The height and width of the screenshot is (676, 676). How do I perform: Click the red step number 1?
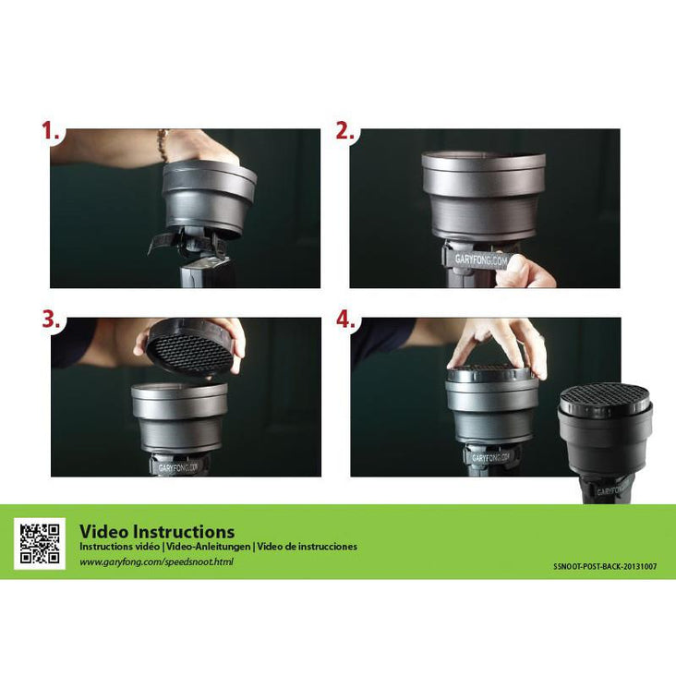click(x=50, y=130)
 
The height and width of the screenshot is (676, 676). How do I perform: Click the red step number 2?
click(x=344, y=130)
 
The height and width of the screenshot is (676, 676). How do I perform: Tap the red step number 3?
click(x=51, y=320)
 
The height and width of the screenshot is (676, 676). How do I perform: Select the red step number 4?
click(x=345, y=320)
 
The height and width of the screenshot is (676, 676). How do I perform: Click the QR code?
click(x=40, y=544)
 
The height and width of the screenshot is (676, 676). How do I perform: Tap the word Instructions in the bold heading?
click(x=184, y=532)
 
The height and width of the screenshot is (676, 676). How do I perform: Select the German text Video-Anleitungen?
click(x=208, y=547)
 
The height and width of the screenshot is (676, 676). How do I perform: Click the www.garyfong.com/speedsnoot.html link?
click(x=156, y=562)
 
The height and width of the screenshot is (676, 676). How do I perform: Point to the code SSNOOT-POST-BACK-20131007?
click(x=605, y=566)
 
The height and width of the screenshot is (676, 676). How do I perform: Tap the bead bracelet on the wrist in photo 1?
click(x=163, y=145)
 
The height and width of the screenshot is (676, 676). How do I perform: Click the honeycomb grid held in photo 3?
click(x=190, y=353)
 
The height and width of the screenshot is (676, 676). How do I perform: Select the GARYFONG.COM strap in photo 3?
click(x=177, y=467)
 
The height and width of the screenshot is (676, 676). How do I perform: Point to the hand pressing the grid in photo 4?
click(x=496, y=344)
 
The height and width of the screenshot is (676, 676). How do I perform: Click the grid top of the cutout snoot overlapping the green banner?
click(x=605, y=397)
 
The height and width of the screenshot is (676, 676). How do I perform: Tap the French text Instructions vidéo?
click(x=119, y=547)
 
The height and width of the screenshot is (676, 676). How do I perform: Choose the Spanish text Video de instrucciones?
click(x=307, y=547)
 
